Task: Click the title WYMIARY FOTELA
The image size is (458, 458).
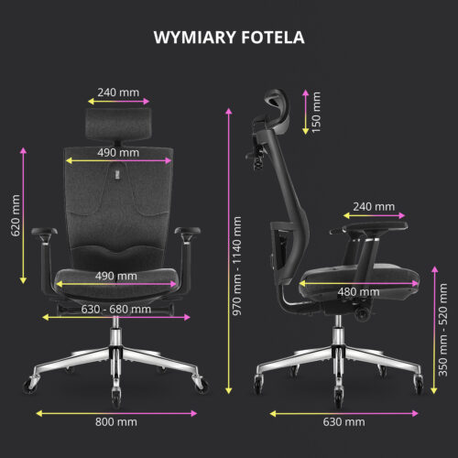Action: [229, 38]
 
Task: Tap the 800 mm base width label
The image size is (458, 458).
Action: [116, 422]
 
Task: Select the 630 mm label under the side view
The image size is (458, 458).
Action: [343, 422]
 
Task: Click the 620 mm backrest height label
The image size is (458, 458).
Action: [16, 215]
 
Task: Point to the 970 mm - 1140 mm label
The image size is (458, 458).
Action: [237, 266]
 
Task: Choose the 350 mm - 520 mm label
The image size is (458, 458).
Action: [442, 330]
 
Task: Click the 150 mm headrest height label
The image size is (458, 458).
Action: [316, 112]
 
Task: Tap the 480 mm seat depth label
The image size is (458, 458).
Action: [358, 292]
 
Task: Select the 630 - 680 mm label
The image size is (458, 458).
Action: [116, 310]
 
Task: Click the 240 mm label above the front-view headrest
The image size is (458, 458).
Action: [118, 93]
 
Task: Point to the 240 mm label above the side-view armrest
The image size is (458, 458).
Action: [374, 207]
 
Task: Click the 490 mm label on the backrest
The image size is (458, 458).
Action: [118, 152]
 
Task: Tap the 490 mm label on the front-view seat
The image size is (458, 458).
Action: [116, 276]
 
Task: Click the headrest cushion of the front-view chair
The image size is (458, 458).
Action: [118, 124]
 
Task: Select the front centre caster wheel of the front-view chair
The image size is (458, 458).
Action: [116, 398]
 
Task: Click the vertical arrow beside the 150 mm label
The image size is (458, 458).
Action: [306, 112]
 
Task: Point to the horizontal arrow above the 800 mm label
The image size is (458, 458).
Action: [116, 413]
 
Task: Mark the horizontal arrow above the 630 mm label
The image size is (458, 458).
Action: [344, 413]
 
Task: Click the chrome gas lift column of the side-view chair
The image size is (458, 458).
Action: [338, 332]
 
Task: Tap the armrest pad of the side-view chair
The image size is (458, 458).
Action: [375, 226]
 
